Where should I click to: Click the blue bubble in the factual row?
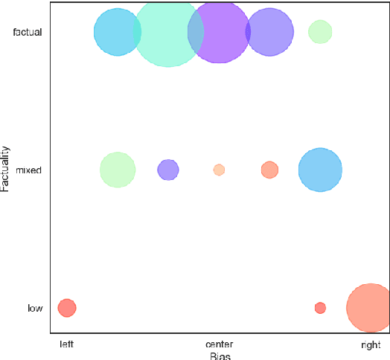tap(115, 32)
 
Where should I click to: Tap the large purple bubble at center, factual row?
tap(219, 32)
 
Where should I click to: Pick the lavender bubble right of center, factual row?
tap(269, 32)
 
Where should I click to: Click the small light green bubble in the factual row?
tap(320, 32)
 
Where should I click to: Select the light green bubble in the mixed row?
tap(118, 170)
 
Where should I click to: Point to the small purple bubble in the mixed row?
tap(168, 170)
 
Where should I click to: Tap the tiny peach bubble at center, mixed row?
tap(219, 170)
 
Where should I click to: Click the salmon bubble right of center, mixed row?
tap(269, 170)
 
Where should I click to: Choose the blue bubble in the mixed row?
tap(320, 170)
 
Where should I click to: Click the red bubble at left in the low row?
tap(67, 308)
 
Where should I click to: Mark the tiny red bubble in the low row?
tap(320, 308)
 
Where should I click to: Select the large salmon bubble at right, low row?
tap(370, 308)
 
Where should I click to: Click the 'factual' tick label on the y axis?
tap(28, 33)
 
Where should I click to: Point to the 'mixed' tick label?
tap(29, 170)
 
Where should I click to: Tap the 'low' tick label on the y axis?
tap(34, 308)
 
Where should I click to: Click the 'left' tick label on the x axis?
tap(67, 344)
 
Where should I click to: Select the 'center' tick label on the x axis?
tap(219, 344)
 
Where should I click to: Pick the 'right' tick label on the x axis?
tap(371, 344)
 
